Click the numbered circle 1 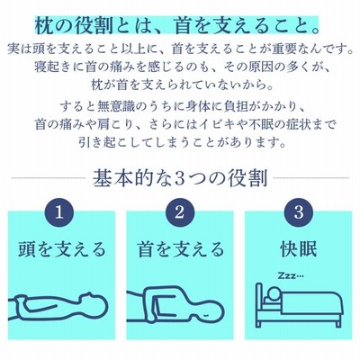(59, 212)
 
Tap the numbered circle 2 (179, 212)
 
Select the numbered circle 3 (299, 212)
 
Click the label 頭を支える (61, 249)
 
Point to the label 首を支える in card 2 (180, 249)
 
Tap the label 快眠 (299, 249)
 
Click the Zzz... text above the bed (291, 275)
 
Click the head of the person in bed (274, 293)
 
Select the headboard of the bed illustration (259, 304)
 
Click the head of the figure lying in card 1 (94, 304)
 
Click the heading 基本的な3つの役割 (180, 178)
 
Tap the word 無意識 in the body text (116, 107)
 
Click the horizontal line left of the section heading (49, 178)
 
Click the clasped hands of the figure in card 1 (21, 301)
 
